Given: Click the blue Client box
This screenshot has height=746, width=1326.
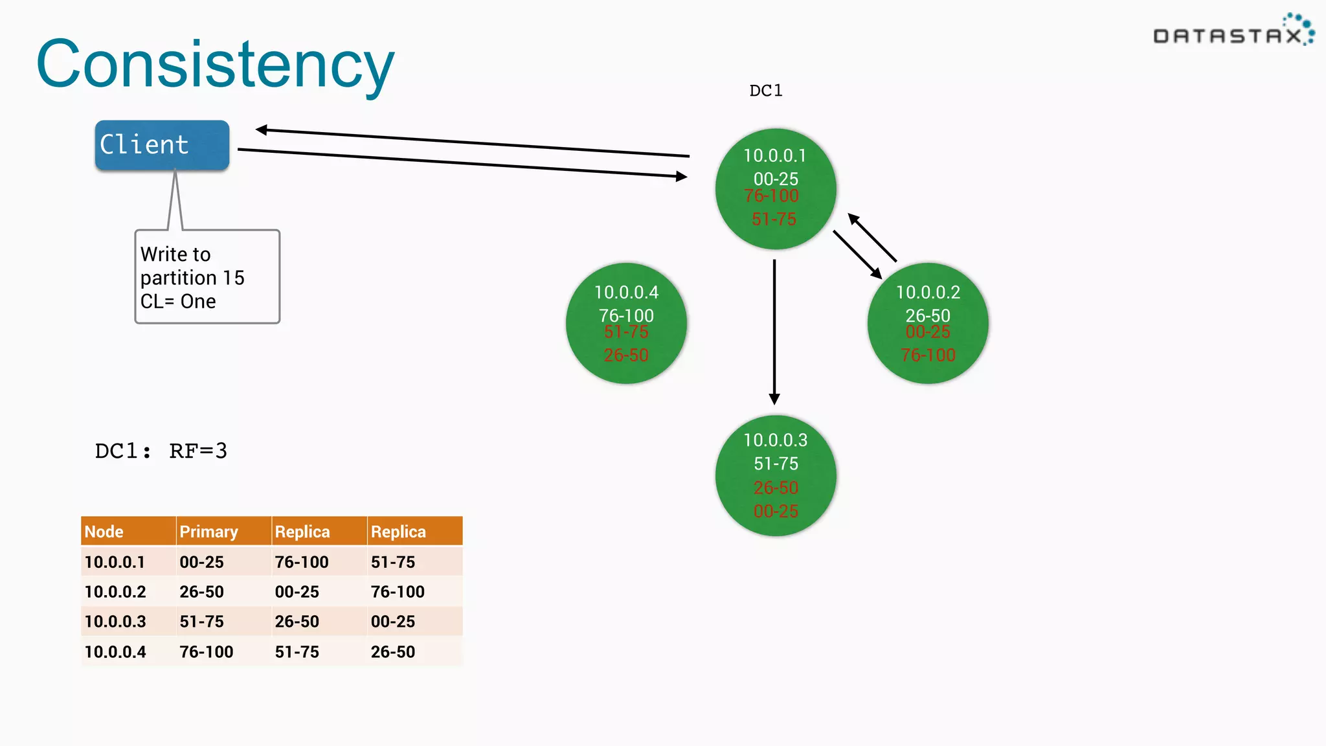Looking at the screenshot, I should [162, 145].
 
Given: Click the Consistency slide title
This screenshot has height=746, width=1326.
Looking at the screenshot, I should [215, 65].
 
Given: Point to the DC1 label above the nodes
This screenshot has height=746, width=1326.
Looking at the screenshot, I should [765, 91].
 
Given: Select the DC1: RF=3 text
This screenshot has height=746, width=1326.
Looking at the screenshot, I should [161, 451].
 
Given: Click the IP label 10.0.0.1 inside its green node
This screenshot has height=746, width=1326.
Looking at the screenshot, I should [775, 155].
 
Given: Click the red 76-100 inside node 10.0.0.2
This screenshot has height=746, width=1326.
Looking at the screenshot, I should [928, 355].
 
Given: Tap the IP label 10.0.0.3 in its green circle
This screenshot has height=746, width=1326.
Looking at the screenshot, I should [775, 440].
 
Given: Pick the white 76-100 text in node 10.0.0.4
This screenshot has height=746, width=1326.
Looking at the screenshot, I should [626, 315].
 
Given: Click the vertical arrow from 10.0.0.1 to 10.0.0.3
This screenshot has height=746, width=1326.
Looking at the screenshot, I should [774, 330].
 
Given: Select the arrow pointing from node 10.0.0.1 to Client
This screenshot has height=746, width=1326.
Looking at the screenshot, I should [473, 142].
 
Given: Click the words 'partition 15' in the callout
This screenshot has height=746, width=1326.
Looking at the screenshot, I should [192, 278].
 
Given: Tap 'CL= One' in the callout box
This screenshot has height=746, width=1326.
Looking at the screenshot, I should [178, 302].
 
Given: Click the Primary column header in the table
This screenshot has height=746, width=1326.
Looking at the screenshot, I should [208, 532].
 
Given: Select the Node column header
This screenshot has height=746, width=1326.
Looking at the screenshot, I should [104, 532].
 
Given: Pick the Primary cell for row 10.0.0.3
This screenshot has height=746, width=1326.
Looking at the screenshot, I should [201, 622].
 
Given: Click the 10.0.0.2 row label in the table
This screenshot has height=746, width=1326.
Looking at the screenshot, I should [115, 592].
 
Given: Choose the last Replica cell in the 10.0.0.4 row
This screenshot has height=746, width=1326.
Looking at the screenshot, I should [393, 651].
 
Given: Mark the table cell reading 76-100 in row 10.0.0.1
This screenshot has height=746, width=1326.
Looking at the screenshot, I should [302, 562].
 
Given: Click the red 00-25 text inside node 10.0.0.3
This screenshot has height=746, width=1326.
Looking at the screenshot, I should [776, 511].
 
